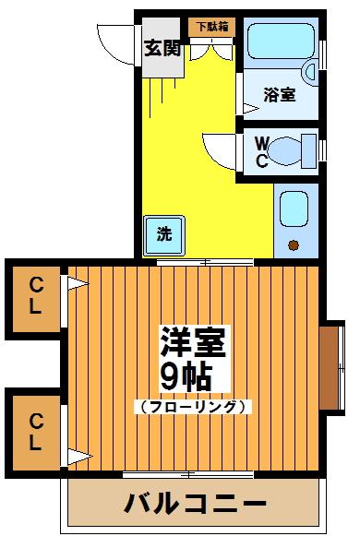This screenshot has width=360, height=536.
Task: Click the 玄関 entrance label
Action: [162, 48]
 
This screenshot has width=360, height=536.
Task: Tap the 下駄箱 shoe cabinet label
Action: [211, 28]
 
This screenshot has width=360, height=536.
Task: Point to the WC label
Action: [261, 152]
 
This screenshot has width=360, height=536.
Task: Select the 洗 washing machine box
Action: [163, 233]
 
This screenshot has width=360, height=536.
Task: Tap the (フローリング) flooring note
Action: [193, 406]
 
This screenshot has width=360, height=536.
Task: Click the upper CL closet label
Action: [34, 296]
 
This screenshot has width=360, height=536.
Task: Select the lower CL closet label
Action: [34, 432]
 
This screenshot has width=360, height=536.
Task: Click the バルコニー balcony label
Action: [196, 505]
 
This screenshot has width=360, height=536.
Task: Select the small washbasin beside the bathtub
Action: [312, 70]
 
